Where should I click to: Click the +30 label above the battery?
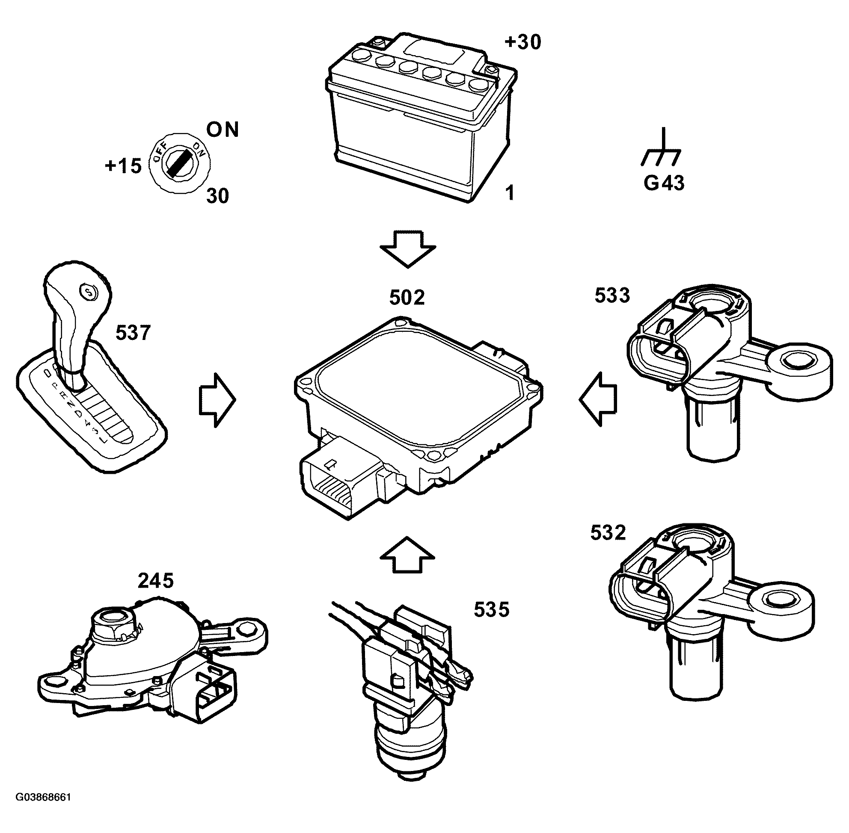[523, 42]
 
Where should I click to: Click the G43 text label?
[664, 183]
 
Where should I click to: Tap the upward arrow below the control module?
[407, 554]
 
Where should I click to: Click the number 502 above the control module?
[407, 298]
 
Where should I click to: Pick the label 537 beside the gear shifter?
[133, 333]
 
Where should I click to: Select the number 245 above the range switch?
[155, 581]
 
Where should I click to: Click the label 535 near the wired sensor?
[491, 609]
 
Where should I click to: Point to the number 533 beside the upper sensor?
[612, 295]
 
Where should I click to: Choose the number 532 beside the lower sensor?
[608, 533]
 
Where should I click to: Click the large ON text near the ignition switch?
[223, 130]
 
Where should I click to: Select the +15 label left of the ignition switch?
[124, 166]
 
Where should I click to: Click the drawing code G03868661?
[43, 797]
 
